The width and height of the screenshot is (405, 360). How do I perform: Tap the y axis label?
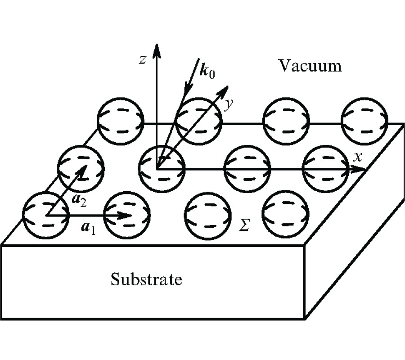coord(229,104)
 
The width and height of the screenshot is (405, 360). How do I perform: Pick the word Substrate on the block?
coord(147,279)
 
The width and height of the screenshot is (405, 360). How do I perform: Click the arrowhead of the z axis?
coord(157,49)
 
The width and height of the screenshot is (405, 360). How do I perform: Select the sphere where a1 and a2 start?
coord(45,215)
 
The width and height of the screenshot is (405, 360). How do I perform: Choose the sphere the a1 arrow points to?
coord(127,215)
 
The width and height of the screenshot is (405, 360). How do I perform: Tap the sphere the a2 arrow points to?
coord(81,167)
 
